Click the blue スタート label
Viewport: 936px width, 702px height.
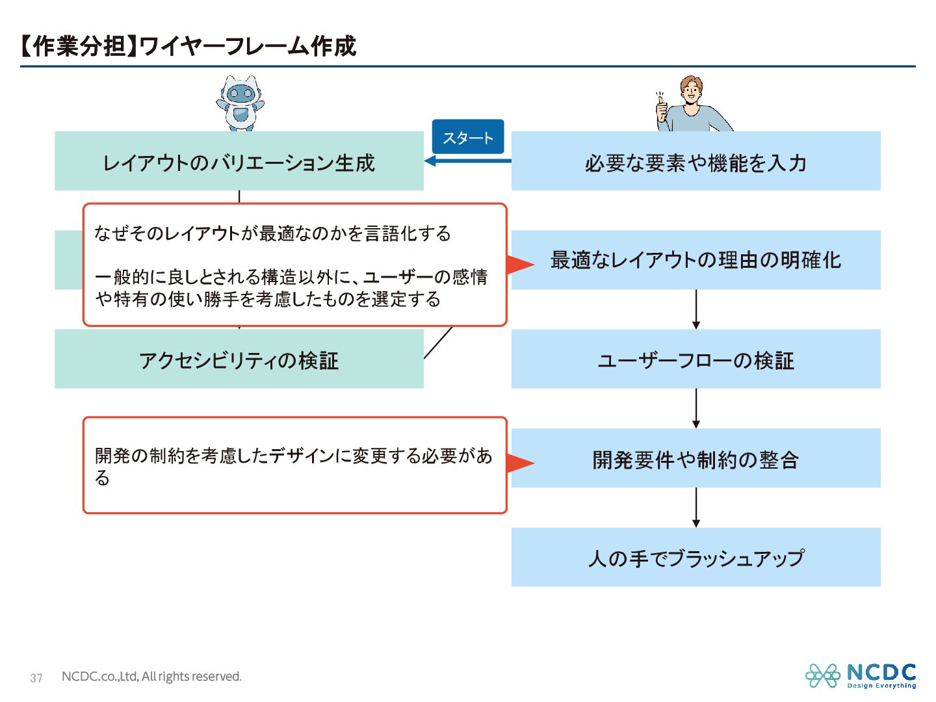pyautogui.click(x=468, y=137)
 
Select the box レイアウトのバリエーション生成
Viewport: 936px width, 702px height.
pyautogui.click(x=239, y=162)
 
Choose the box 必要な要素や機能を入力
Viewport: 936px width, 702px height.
pyautogui.click(x=695, y=162)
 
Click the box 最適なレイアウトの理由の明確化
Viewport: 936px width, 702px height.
pyautogui.click(x=695, y=260)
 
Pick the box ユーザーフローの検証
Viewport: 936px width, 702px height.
pyautogui.click(x=695, y=359)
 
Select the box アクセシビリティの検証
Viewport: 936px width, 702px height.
pyautogui.click(x=239, y=359)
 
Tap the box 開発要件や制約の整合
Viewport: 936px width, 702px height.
pyautogui.click(x=695, y=459)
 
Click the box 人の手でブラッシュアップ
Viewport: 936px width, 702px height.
pyautogui.click(x=695, y=558)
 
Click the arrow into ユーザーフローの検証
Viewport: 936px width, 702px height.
pyautogui.click(x=696, y=310)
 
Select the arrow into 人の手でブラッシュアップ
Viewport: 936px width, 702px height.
pyautogui.click(x=696, y=508)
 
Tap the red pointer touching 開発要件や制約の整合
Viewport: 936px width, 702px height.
pyautogui.click(x=519, y=463)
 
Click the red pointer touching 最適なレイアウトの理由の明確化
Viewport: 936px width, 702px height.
pyautogui.click(x=519, y=264)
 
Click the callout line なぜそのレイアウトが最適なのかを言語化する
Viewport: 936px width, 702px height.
pyautogui.click(x=272, y=233)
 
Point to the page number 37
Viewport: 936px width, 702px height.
pyautogui.click(x=36, y=678)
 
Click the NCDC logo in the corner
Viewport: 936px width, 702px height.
pyautogui.click(x=861, y=676)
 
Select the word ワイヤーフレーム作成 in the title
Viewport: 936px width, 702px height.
pyautogui.click(x=248, y=46)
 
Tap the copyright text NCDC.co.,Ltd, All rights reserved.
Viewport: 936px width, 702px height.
pyautogui.click(x=151, y=677)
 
